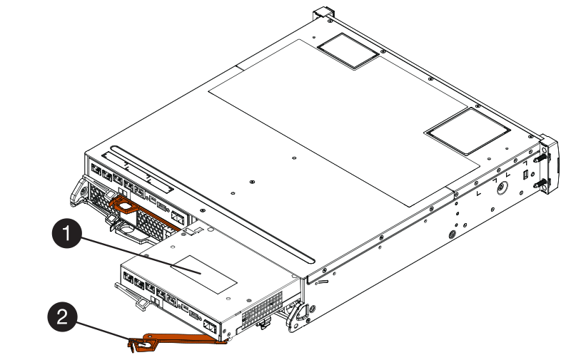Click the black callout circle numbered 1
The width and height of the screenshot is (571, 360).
(x=67, y=232)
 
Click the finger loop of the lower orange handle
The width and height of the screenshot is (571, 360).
(x=143, y=344)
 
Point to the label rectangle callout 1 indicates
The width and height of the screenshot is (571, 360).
(x=204, y=274)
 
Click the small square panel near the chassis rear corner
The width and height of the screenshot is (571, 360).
(x=348, y=51)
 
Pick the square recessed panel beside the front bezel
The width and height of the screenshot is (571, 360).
(x=468, y=132)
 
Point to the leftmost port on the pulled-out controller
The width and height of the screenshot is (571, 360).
(x=128, y=277)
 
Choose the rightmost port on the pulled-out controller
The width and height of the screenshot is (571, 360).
(x=210, y=327)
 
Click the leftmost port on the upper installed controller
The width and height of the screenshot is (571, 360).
(x=96, y=169)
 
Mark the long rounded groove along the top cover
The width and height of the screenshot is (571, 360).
(x=212, y=205)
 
